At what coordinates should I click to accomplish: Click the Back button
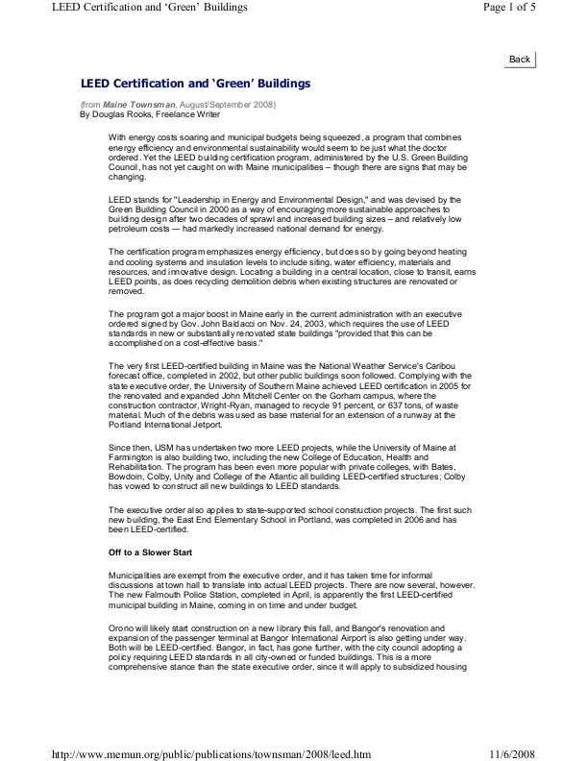520,59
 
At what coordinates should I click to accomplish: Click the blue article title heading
195,84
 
